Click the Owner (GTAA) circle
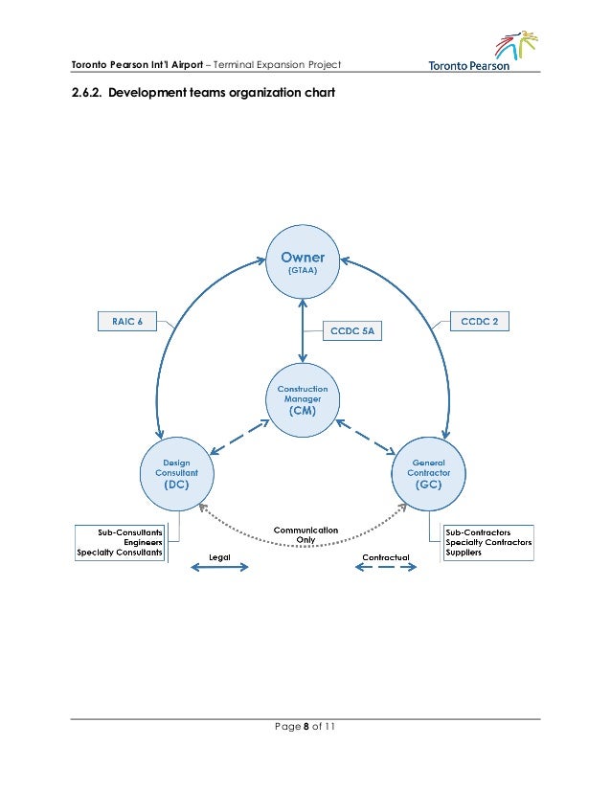click(x=303, y=262)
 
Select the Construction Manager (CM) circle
click(x=303, y=400)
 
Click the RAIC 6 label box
click(x=126, y=322)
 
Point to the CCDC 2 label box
click(x=480, y=322)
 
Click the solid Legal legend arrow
click(x=219, y=569)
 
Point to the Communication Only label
click(x=305, y=534)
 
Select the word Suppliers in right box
click(x=464, y=553)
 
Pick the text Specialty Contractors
click(x=487, y=542)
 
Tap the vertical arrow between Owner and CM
click(x=303, y=330)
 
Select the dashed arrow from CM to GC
click(x=368, y=437)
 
